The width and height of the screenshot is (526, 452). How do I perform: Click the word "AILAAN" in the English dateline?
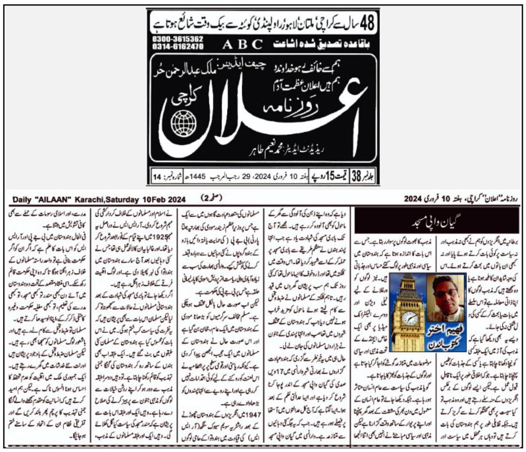pyautogui.click(x=53, y=199)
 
